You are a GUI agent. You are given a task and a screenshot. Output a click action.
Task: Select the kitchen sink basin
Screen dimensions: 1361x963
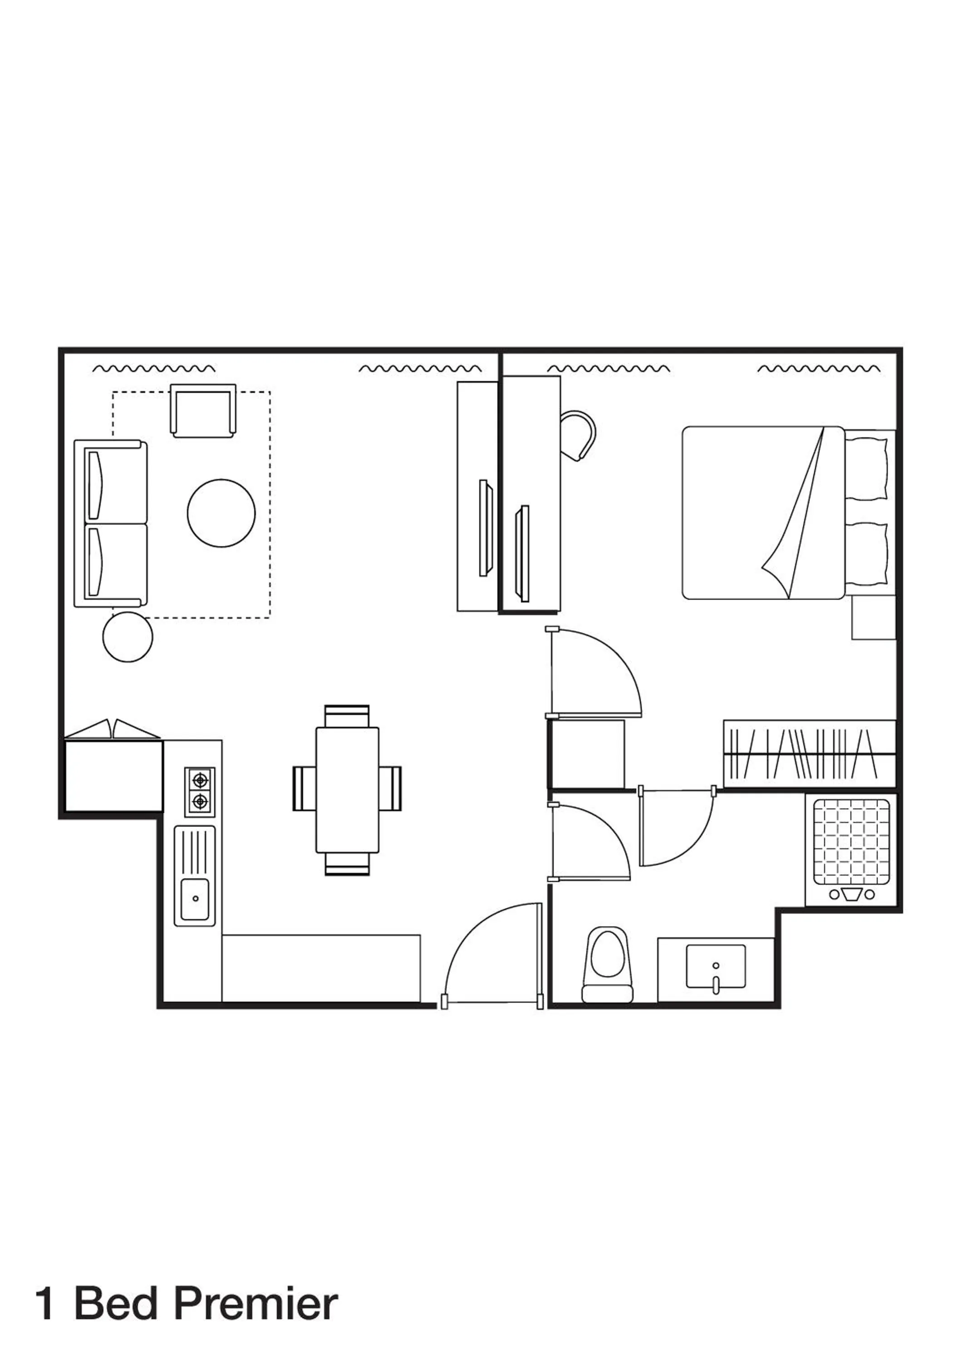click(x=195, y=899)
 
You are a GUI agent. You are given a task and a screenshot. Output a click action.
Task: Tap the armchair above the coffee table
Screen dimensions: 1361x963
click(x=203, y=410)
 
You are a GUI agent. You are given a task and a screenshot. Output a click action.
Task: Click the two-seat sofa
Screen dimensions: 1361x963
click(x=110, y=524)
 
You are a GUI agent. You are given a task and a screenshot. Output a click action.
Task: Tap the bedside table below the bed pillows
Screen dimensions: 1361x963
click(x=873, y=617)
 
